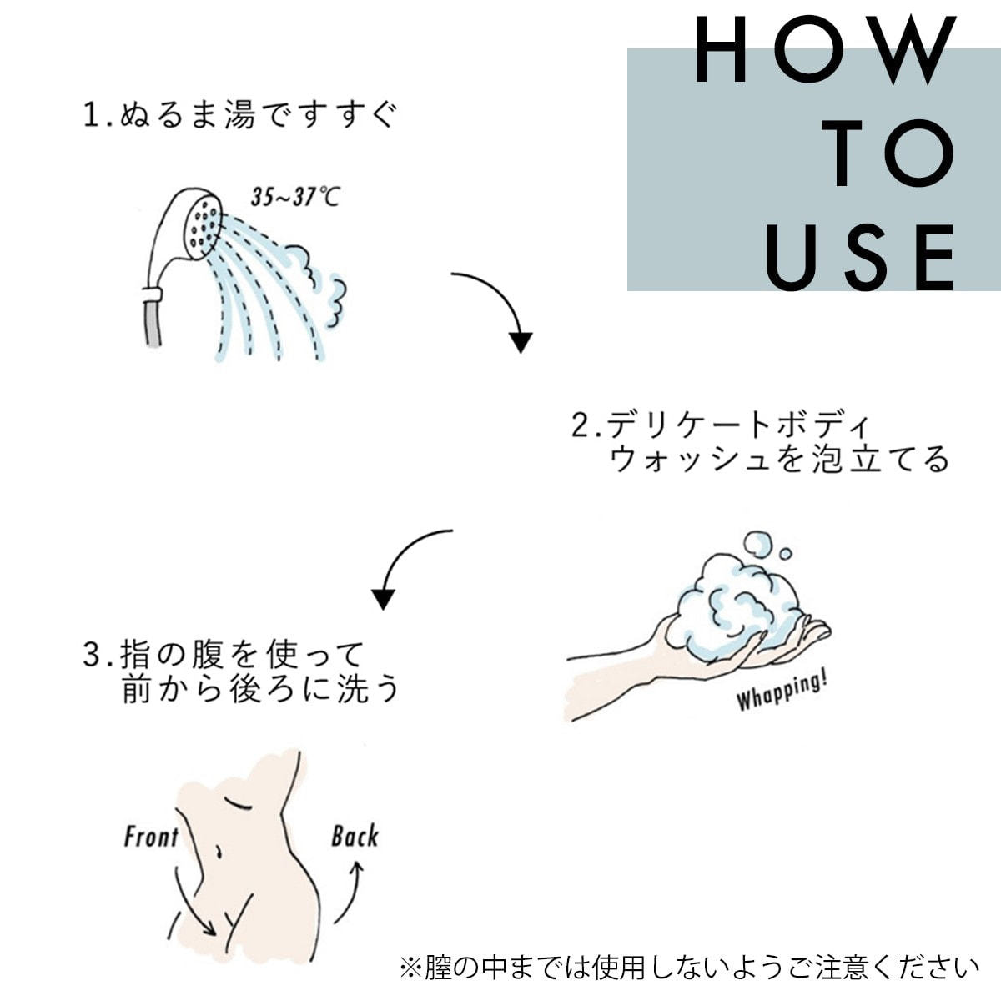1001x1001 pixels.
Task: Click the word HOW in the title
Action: click(826, 49)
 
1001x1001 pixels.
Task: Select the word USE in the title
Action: click(861, 257)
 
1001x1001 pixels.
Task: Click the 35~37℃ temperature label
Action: click(295, 198)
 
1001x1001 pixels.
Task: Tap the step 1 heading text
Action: click(239, 114)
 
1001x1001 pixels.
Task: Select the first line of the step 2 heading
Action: click(720, 425)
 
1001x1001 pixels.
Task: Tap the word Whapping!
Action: click(782, 690)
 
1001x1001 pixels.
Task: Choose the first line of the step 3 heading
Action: click(224, 655)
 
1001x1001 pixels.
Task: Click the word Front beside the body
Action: click(151, 837)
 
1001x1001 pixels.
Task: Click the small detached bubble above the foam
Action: click(786, 554)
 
